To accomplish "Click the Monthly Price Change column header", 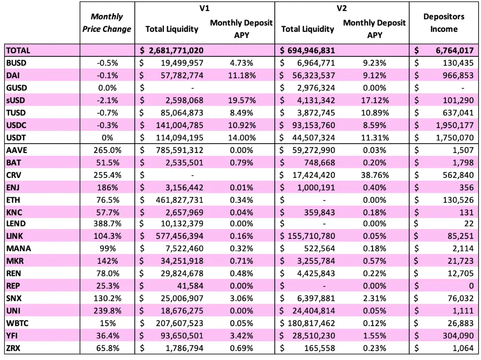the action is pyautogui.click(x=107, y=23).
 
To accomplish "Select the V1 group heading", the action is pyautogui.click(x=204, y=8).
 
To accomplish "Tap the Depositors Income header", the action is pyautogui.click(x=443, y=23).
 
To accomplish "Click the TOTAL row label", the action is pyautogui.click(x=18, y=50).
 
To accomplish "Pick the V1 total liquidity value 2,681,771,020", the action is pyautogui.click(x=176, y=50).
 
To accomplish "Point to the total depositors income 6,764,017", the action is pyautogui.click(x=455, y=50).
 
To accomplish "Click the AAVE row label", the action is pyautogui.click(x=16, y=150).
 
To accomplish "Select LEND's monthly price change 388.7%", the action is pyautogui.click(x=108, y=223).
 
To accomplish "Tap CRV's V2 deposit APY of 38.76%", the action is pyautogui.click(x=375, y=175).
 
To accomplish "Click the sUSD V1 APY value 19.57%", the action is pyautogui.click(x=242, y=100).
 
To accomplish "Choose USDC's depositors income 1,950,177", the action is pyautogui.click(x=455, y=125).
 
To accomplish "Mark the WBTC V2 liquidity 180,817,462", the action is pyautogui.click(x=311, y=323).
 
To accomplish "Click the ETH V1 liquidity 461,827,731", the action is pyautogui.click(x=179, y=200).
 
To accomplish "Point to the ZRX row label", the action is pyautogui.click(x=13, y=348).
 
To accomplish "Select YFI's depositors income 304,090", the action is pyautogui.click(x=458, y=336).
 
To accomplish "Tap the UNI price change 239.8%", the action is pyautogui.click(x=108, y=311).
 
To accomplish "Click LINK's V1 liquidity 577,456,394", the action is pyautogui.click(x=179, y=236).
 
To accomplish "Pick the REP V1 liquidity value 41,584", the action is pyautogui.click(x=190, y=286).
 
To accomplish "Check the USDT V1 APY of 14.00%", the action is pyautogui.click(x=242, y=138).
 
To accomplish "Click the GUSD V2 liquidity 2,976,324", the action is pyautogui.click(x=316, y=88).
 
